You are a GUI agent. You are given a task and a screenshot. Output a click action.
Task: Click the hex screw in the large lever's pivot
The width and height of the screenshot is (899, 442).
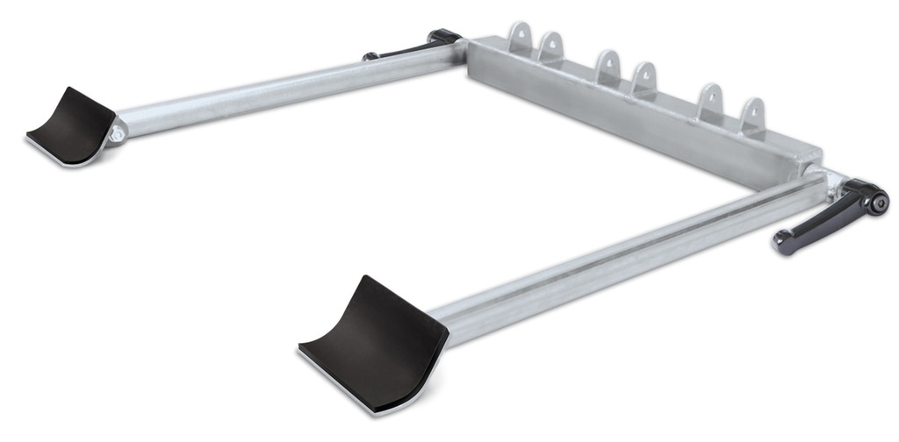[x=875, y=202]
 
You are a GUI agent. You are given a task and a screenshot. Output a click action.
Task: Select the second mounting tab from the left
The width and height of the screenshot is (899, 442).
[x=551, y=46]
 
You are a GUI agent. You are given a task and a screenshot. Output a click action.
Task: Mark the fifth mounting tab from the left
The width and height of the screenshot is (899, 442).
[x=710, y=102]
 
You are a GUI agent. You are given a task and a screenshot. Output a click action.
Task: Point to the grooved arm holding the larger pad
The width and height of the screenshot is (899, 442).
[x=615, y=254]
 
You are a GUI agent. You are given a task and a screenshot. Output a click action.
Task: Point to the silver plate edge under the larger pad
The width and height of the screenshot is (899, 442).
[x=351, y=386]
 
